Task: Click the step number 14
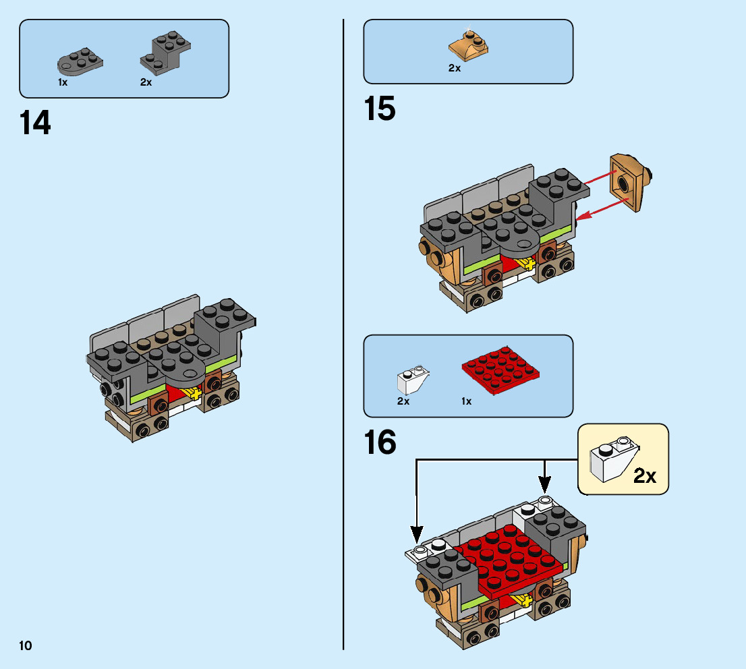(35, 123)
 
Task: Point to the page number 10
(26, 646)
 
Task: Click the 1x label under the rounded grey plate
(63, 82)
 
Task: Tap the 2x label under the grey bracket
(146, 82)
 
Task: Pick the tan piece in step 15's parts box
(469, 47)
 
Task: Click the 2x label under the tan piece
(454, 68)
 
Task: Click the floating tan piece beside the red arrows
(629, 182)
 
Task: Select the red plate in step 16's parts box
(502, 371)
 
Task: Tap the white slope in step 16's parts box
(413, 380)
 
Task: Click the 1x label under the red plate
(466, 401)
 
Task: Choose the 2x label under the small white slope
(403, 401)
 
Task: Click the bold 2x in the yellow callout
(644, 476)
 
